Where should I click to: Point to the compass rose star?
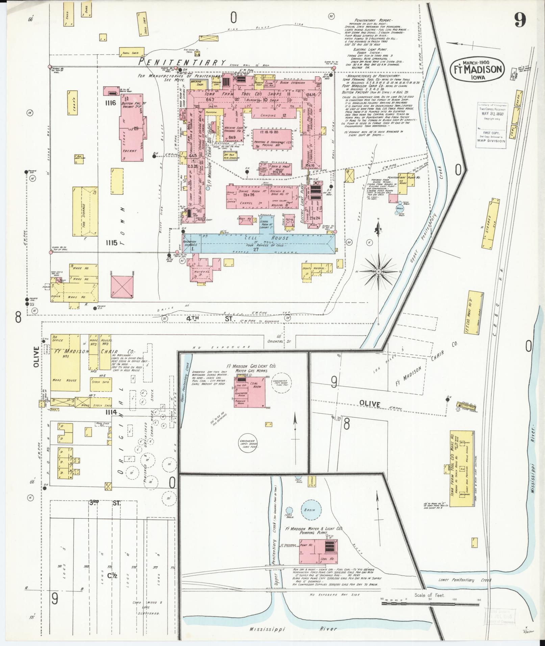click(379, 272)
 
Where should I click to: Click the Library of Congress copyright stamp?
click(491, 125)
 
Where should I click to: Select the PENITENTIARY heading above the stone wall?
click(182, 62)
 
